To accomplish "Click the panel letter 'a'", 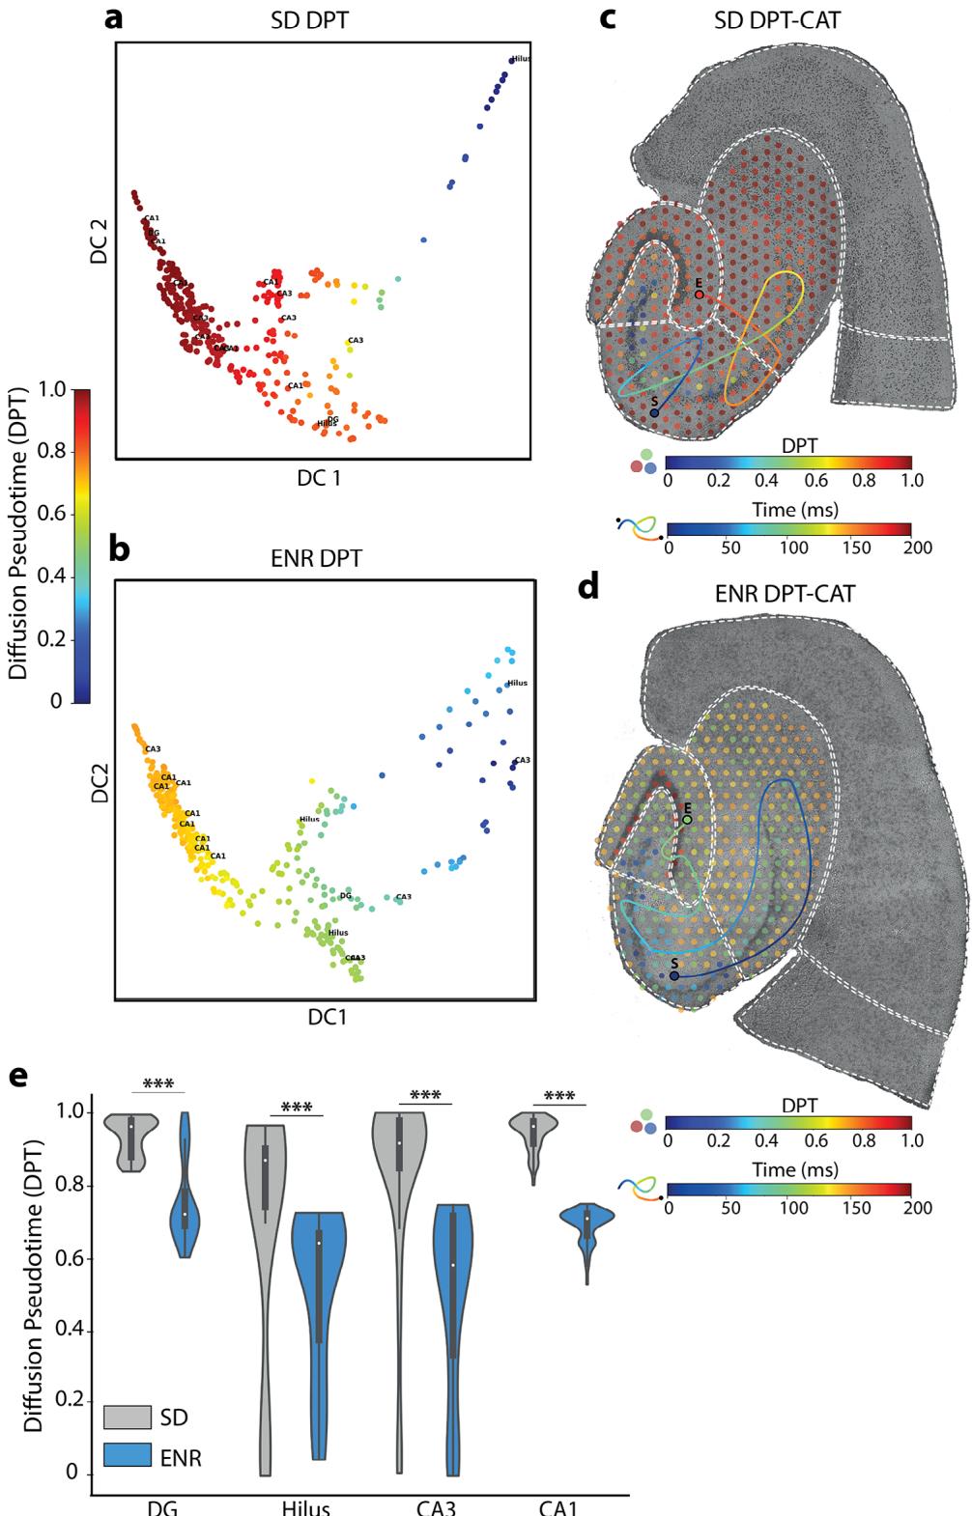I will coord(114,17).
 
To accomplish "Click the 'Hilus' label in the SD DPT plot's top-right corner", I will coord(521,59).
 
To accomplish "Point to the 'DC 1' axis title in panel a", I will coord(322,476).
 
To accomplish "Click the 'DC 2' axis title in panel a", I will coord(96,240).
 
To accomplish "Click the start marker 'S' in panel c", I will coord(654,412).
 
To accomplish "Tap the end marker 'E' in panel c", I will coord(699,294).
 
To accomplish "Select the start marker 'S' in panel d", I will coord(673,976).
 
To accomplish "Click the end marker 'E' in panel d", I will coord(687,819).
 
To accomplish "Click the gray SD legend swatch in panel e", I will coord(128,1417).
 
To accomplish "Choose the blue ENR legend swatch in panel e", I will coord(128,1456).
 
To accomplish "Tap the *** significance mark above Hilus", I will coord(296,1107).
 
